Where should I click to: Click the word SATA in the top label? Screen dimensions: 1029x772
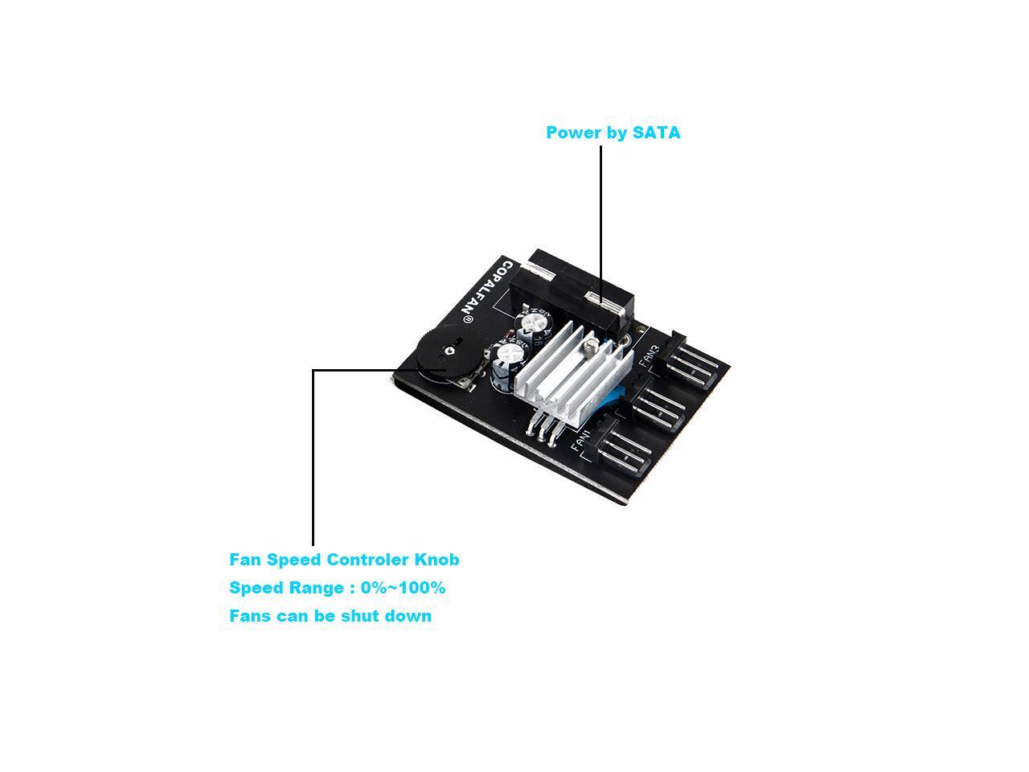click(656, 133)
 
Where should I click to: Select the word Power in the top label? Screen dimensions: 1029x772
click(572, 133)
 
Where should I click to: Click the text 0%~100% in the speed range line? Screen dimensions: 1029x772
click(403, 588)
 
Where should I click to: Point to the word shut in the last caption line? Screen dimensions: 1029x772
click(363, 616)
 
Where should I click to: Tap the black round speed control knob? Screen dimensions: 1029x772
click(441, 357)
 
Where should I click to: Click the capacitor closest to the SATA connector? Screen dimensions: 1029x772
click(534, 321)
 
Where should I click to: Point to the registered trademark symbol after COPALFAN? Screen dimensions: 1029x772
click(467, 319)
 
